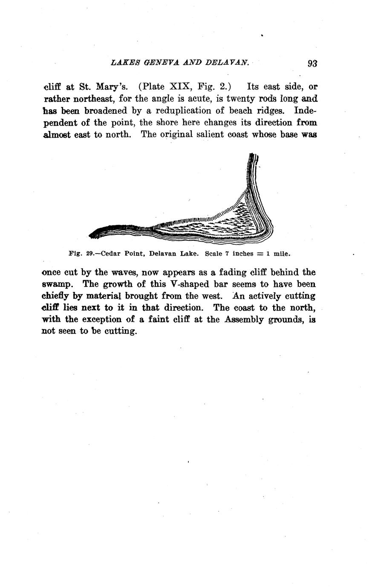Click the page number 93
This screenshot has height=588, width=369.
[x=312, y=63]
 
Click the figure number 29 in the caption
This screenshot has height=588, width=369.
[x=90, y=254]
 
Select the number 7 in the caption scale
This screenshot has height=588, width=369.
[x=227, y=254]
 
